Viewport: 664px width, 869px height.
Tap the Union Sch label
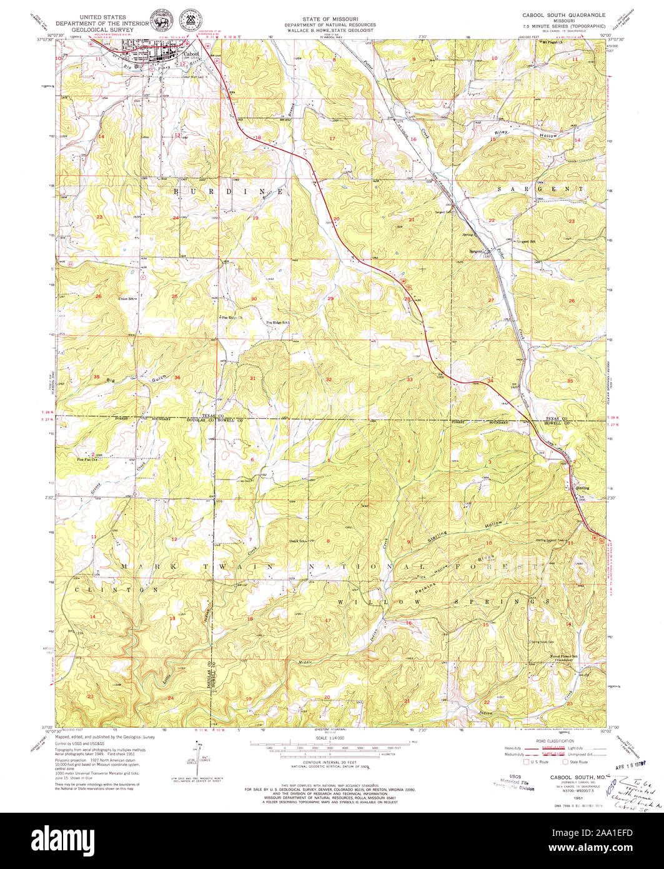(127, 298)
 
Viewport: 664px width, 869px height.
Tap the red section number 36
(177, 377)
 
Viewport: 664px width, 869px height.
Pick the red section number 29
(330, 299)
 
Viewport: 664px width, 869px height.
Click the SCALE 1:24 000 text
(331, 738)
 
